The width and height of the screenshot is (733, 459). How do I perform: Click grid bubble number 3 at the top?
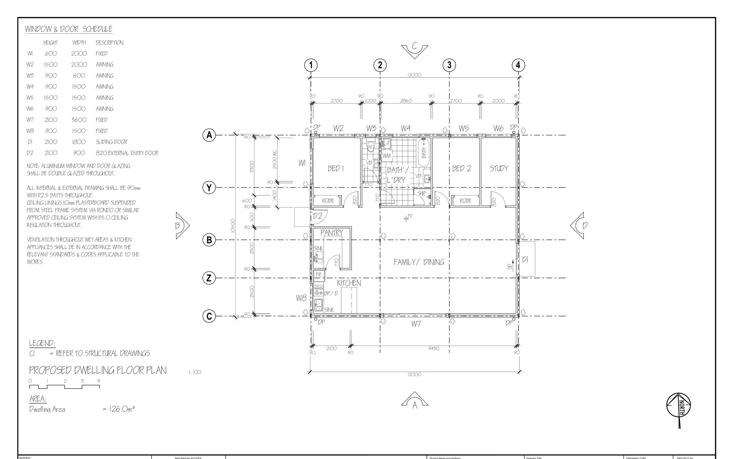pos(449,65)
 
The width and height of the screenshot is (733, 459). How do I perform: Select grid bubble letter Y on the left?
pos(209,187)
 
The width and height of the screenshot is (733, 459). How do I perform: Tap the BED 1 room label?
pos(335,169)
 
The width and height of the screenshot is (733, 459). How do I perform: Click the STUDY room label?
pos(499,168)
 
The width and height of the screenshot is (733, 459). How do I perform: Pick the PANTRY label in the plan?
pos(331,233)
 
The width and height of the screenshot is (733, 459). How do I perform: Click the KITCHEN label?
pos(349,283)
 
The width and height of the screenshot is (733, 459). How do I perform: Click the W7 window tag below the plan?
pos(416,324)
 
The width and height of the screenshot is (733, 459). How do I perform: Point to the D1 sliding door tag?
pos(525,260)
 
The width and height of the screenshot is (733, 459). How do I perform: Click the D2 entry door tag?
pos(318,216)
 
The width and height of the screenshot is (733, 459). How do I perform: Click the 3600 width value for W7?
pos(79,120)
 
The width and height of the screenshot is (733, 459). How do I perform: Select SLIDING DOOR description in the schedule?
pos(111,142)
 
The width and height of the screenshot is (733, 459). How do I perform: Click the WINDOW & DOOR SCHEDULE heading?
pos(68,29)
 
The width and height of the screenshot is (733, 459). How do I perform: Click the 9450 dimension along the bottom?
pos(434,349)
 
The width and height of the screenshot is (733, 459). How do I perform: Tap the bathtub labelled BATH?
pos(424,150)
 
